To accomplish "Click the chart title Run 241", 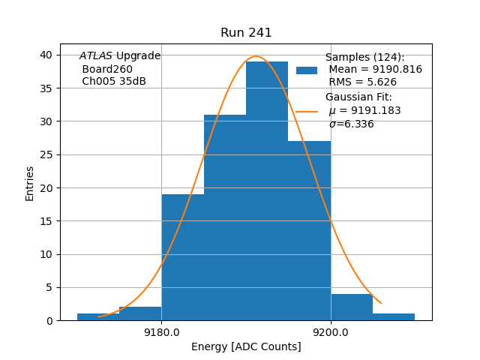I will (x=246, y=33).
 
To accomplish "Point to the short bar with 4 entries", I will (x=352, y=307).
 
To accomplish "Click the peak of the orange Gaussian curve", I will (x=256, y=56).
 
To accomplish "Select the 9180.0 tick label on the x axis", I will (x=161, y=332).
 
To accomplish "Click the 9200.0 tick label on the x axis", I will (x=331, y=332).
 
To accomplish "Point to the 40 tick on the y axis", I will (x=46, y=55).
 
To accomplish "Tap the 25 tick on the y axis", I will (x=46, y=154).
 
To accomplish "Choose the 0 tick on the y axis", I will (x=49, y=320).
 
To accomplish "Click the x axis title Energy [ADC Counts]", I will (x=246, y=346).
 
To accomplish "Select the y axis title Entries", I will (x=30, y=183).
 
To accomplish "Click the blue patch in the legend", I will (x=307, y=70).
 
